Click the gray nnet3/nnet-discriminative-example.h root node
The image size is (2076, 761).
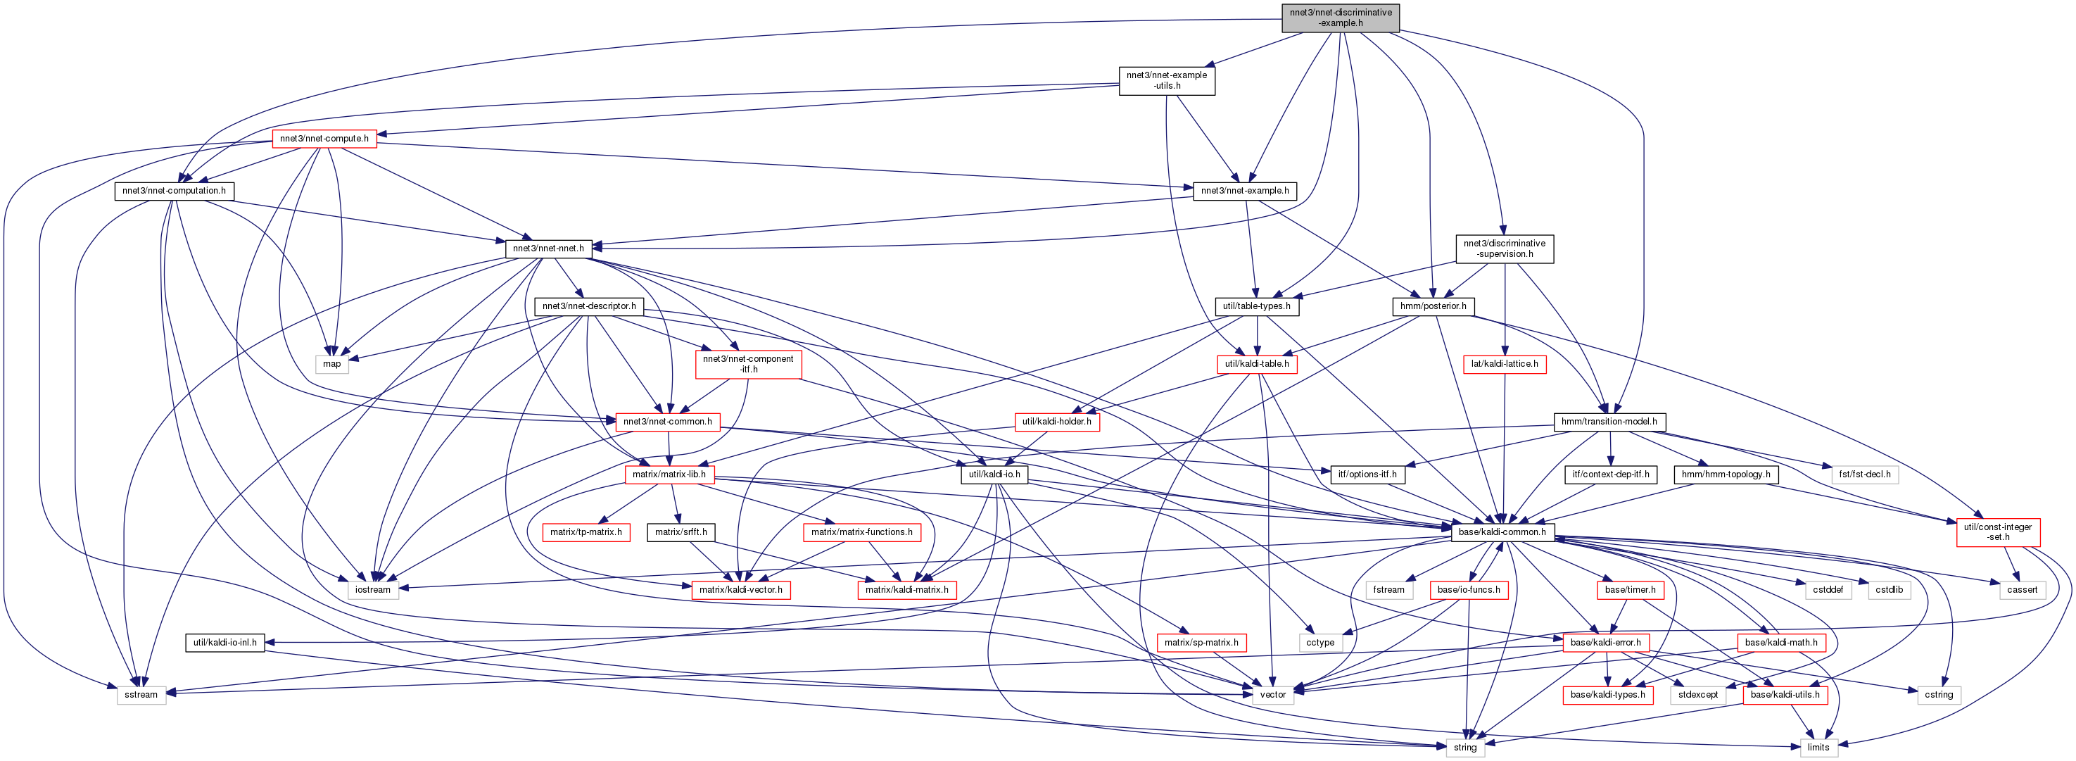pyautogui.click(x=1340, y=18)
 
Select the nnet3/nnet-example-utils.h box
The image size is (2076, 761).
pyautogui.click(x=1166, y=81)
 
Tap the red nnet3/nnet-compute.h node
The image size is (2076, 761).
pyautogui.click(x=324, y=139)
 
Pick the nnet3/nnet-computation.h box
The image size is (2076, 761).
pyautogui.click(x=174, y=191)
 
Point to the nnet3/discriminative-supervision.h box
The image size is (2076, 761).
pyautogui.click(x=1504, y=249)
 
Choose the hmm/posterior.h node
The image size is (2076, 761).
pyautogui.click(x=1433, y=306)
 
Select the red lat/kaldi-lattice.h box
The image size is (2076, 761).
pyautogui.click(x=1504, y=363)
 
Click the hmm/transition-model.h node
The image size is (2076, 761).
pyautogui.click(x=1609, y=422)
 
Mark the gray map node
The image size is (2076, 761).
pyautogui.click(x=332, y=363)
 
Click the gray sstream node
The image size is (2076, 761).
pyautogui.click(x=141, y=695)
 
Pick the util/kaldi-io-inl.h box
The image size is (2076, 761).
pyautogui.click(x=225, y=643)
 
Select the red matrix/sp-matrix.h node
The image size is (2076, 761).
pyautogui.click(x=1201, y=643)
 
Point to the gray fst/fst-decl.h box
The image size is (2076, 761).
pyautogui.click(x=1865, y=474)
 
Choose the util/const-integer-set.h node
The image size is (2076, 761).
pyautogui.click(x=1997, y=532)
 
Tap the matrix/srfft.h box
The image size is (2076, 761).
pyautogui.click(x=681, y=532)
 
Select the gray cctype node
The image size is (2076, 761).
pyautogui.click(x=1320, y=643)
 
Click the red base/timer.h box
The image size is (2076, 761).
pyautogui.click(x=1630, y=590)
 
